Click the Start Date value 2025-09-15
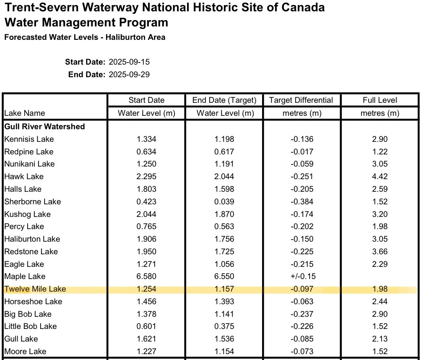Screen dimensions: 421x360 (x=129, y=62)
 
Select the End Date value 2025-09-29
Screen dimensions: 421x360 (x=129, y=74)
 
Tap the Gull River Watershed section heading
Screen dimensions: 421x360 (x=44, y=126)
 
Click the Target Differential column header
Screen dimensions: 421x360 (x=301, y=100)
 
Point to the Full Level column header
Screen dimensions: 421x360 (x=379, y=100)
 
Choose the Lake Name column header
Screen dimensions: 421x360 (x=25, y=113)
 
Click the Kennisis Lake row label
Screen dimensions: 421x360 (x=29, y=139)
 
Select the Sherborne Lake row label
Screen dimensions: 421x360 (x=32, y=201)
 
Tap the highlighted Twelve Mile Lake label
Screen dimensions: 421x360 (x=35, y=289)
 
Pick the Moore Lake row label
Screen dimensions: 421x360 (x=25, y=352)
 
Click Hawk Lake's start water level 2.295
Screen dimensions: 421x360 (x=146, y=177)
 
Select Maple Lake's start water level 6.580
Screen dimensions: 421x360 (x=146, y=276)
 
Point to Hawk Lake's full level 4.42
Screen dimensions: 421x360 (x=379, y=177)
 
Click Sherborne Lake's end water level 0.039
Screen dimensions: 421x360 (x=224, y=201)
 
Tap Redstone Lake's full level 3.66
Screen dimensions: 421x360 (x=379, y=251)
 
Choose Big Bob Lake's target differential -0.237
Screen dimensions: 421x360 (x=302, y=314)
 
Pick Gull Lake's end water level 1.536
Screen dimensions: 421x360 (x=224, y=339)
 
